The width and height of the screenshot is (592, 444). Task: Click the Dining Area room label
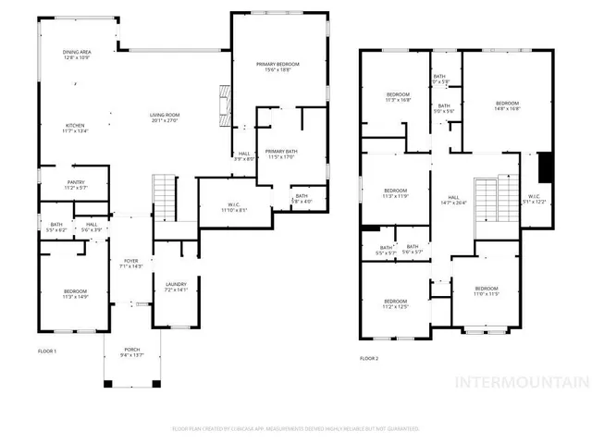tap(77, 55)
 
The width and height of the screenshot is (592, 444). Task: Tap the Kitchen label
tap(77, 129)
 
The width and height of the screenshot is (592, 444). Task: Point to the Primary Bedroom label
tap(278, 66)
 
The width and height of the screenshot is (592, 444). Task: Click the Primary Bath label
tap(280, 154)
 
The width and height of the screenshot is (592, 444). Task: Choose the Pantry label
tap(76, 185)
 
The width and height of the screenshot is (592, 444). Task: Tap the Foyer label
tap(131, 265)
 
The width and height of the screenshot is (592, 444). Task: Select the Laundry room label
tap(176, 287)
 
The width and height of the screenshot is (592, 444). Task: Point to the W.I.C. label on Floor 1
tap(231, 208)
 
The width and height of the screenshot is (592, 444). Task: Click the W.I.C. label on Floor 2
tap(535, 198)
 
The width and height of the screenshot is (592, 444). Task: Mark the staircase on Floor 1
tap(164, 195)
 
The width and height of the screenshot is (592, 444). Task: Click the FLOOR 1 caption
tap(47, 351)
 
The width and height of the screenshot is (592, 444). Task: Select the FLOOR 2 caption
tap(370, 358)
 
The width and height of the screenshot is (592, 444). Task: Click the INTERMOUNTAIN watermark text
tap(523, 382)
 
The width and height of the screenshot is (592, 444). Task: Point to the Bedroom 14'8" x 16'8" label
tap(507, 105)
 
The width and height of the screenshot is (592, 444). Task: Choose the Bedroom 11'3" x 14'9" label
tap(74, 294)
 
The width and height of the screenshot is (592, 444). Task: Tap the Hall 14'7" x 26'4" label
tap(454, 200)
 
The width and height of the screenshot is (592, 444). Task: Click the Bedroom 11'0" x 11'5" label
tap(487, 291)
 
